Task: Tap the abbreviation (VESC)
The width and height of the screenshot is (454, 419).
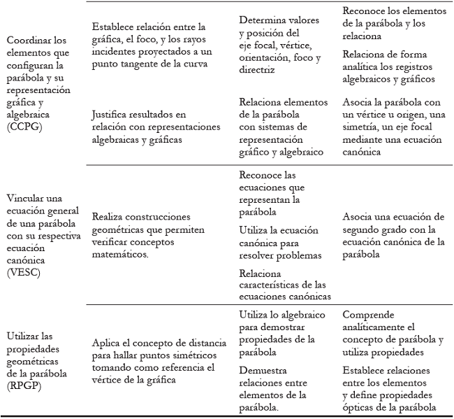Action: [x=21, y=272]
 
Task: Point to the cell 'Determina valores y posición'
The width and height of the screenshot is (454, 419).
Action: [x=280, y=45]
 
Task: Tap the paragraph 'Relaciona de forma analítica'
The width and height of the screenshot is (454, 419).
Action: [x=390, y=66]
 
